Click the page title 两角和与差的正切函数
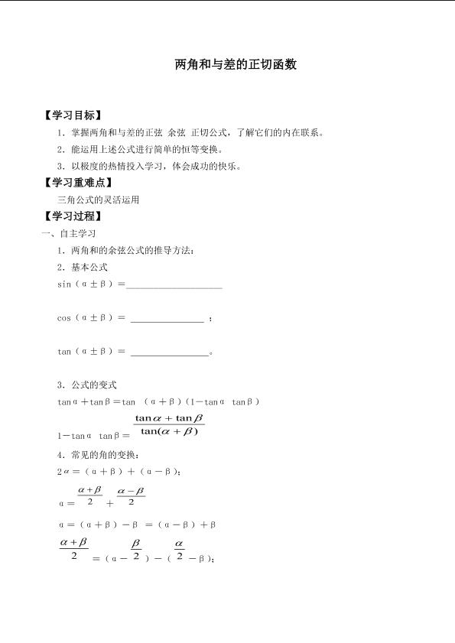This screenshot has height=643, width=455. (236, 64)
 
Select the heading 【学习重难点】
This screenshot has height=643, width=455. (79, 183)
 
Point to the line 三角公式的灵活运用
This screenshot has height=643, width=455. (98, 200)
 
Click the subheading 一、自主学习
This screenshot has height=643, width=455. (69, 233)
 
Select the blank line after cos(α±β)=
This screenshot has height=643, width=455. (167, 319)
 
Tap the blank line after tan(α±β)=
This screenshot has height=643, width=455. (169, 352)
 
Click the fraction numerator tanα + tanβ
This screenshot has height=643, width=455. (169, 418)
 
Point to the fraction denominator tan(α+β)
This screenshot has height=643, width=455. (169, 431)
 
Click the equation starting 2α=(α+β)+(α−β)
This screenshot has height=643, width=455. (119, 472)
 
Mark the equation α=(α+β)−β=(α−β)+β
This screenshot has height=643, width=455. (137, 524)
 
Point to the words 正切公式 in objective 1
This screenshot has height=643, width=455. (208, 132)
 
